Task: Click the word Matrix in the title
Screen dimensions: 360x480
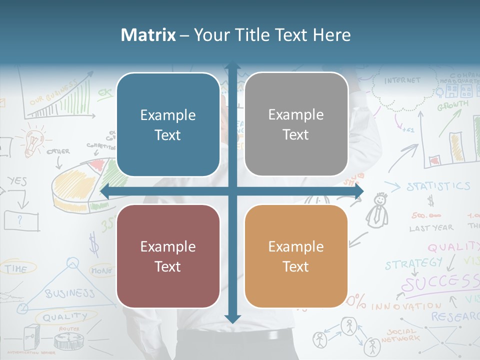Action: [148, 35]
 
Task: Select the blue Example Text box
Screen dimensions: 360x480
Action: [168, 125]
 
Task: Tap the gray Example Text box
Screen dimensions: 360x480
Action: [296, 124]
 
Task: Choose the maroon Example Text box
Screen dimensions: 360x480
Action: [168, 256]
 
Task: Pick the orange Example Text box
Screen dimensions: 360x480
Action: [296, 256]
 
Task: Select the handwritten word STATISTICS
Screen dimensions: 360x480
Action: [438, 186]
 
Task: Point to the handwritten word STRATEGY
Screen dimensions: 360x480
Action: [413, 263]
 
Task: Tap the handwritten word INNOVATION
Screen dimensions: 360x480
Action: [405, 305]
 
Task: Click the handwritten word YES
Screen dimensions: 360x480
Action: [17, 181]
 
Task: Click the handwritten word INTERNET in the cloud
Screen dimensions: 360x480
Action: [402, 80]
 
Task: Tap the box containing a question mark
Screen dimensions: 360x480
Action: [21, 220]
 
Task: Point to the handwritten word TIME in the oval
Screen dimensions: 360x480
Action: [16, 269]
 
